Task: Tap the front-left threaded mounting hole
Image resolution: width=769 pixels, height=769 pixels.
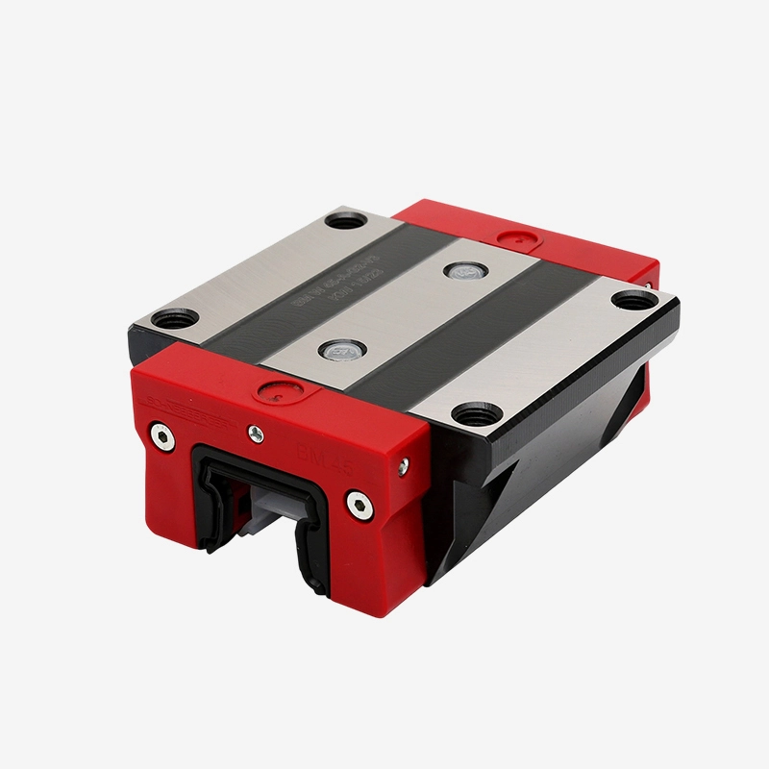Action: pos(173,318)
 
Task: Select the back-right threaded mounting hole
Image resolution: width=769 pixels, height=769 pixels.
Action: pos(629,299)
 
